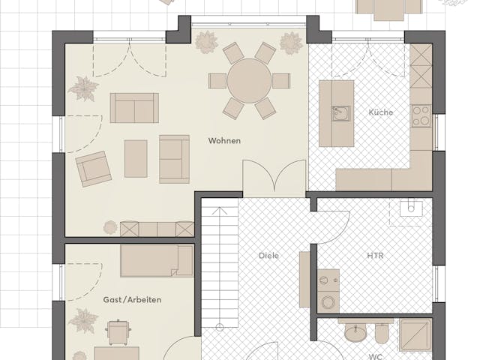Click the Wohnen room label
pos(224,141)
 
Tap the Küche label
pos(381,112)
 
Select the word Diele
pos(268,255)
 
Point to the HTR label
pos(375,255)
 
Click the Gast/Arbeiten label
pos(132,300)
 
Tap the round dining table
pos(250,81)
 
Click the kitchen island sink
pos(340,113)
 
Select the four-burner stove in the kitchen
pos(421,115)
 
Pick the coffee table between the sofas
pos(136,158)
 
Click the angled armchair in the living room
pos(93,169)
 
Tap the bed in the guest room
pos(157,260)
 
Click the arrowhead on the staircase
pos(220,211)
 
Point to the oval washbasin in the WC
pos(355,332)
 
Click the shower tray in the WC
pos(415,335)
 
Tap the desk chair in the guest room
pos(118,332)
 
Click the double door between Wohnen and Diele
pos(274,177)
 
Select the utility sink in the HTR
pos(411,208)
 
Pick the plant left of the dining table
pos(207,42)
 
